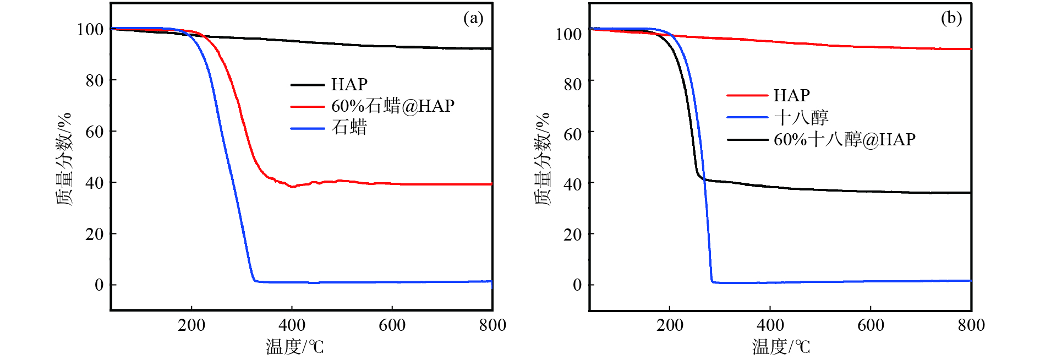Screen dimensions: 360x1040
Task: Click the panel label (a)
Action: [473, 19]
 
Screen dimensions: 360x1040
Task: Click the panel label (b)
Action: [951, 19]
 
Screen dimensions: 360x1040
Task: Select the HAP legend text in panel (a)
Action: [349, 85]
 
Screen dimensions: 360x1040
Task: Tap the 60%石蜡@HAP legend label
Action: [392, 106]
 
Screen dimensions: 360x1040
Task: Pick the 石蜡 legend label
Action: [349, 128]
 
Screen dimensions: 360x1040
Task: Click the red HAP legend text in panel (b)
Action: [791, 96]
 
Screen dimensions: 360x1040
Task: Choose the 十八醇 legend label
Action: [801, 118]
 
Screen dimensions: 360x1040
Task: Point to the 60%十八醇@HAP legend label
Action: [844, 140]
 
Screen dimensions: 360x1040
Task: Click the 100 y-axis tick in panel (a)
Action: [90, 29]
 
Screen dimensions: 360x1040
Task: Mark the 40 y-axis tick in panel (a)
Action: [94, 183]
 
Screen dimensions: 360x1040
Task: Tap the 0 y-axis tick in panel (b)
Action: [577, 285]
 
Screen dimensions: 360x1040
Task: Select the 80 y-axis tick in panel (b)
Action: [572, 84]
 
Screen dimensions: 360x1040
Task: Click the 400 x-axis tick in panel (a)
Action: [292, 325]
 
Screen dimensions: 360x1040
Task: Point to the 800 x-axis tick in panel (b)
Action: [971, 325]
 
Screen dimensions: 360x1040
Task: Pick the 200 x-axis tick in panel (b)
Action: [670, 325]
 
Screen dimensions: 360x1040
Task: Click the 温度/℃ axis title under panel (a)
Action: [295, 347]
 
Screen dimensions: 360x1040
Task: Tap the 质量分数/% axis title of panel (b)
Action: [542, 159]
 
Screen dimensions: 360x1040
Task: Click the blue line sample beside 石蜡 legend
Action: [307, 129]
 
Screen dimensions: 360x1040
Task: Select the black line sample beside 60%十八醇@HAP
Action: [747, 140]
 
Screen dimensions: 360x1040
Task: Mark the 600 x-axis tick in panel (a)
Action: [392, 325]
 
